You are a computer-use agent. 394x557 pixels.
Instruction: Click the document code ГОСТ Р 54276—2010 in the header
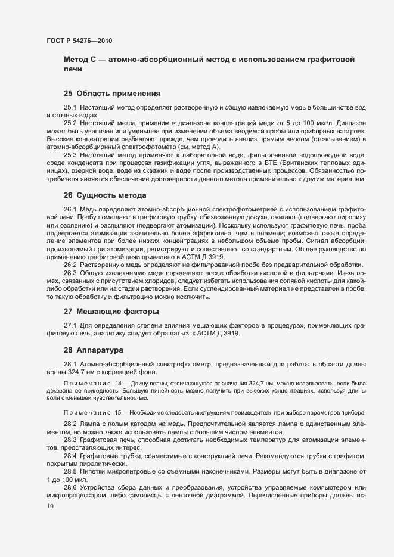pyautogui.click(x=79, y=41)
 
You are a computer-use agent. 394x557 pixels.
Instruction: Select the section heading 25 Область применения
pyautogui.click(x=112, y=93)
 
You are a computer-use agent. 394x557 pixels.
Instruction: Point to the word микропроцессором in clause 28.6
pyautogui.click(x=76, y=495)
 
